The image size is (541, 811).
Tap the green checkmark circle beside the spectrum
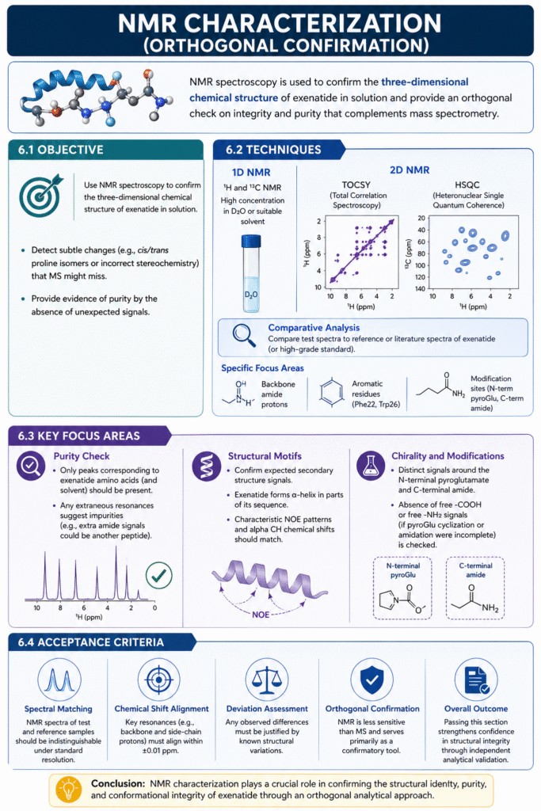coord(158,575)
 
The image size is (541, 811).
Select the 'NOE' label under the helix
coord(262,614)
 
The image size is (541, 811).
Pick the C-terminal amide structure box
coord(475,590)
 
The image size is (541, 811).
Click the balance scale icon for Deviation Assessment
coord(267,680)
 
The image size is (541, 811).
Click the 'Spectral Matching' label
coord(58,708)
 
